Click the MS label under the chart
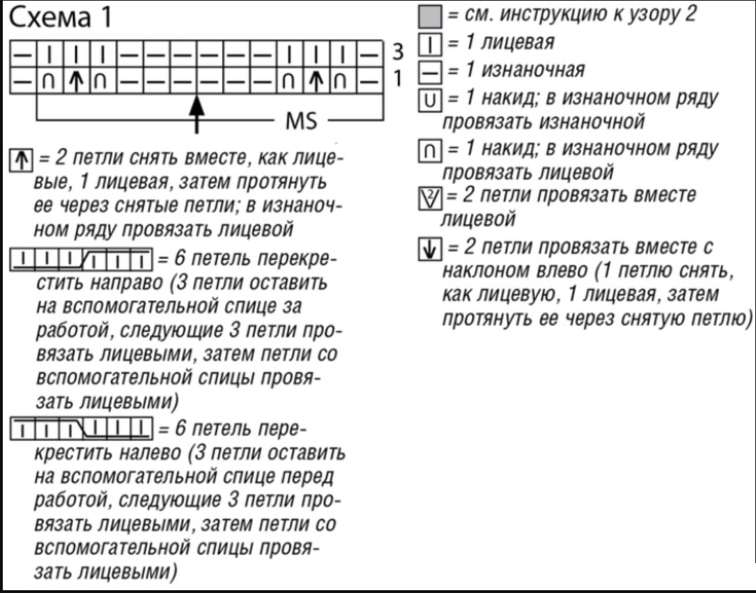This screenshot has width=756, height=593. (302, 123)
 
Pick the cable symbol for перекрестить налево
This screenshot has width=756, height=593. (81, 424)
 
